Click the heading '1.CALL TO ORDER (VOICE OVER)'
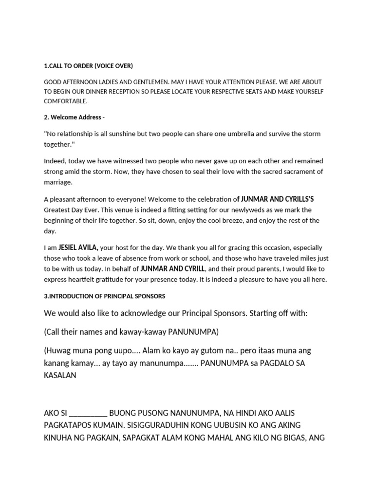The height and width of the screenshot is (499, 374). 88,66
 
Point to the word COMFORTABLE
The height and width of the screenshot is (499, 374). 66,101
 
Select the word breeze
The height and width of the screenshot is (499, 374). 259,220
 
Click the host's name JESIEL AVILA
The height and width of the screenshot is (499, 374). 78,248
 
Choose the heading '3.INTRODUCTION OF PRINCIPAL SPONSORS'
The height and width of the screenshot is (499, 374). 105,296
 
